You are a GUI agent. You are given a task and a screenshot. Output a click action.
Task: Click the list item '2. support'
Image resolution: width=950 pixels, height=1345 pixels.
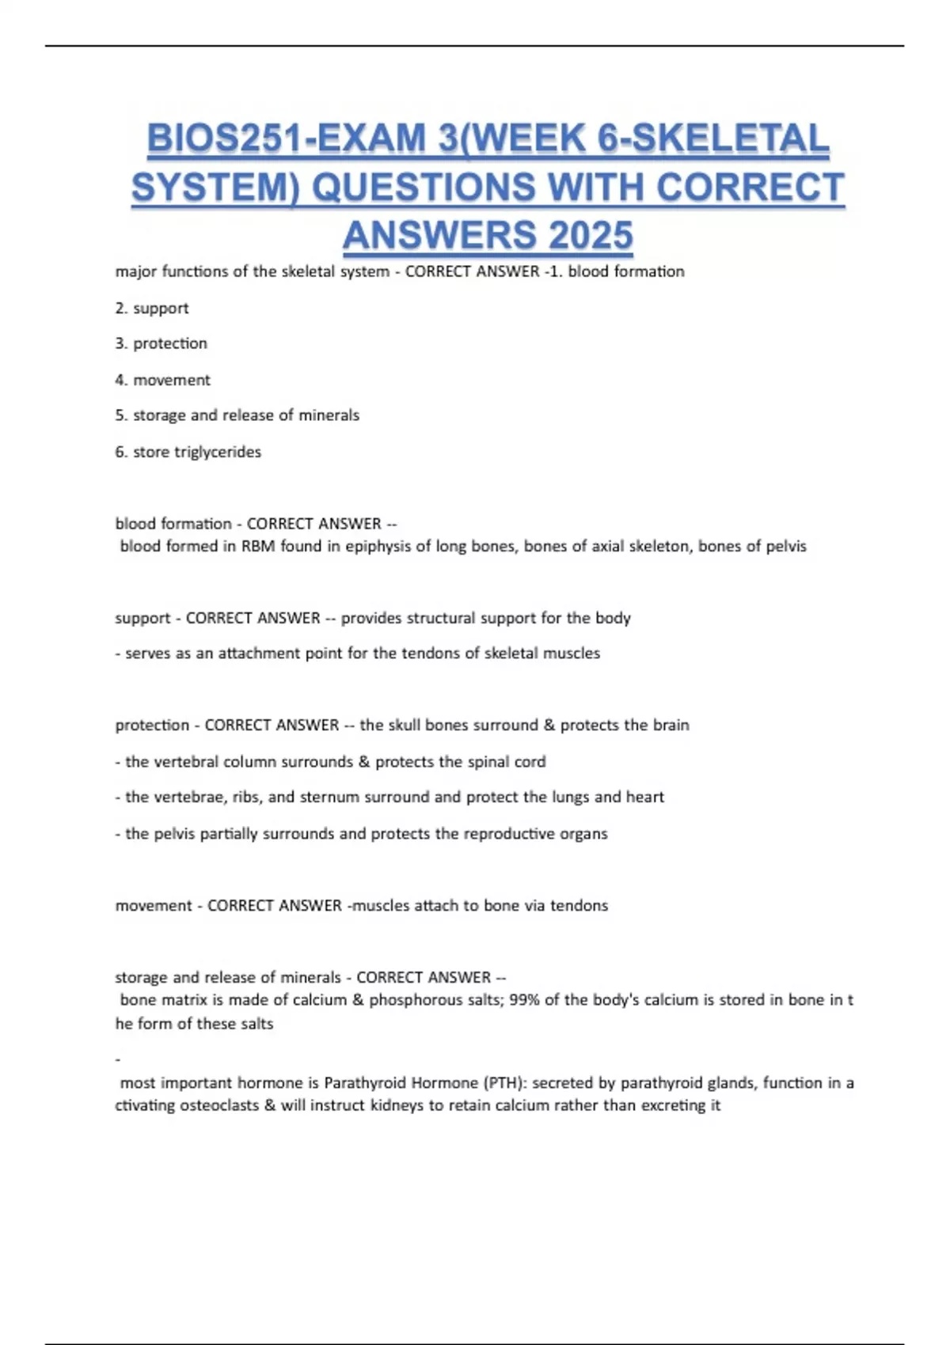152,308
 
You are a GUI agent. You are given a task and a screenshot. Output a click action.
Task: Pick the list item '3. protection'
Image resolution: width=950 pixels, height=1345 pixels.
161,343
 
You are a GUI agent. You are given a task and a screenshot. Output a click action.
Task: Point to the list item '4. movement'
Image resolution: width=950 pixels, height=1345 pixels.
162,380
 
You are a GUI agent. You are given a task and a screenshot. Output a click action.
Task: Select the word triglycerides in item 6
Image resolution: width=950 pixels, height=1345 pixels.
218,452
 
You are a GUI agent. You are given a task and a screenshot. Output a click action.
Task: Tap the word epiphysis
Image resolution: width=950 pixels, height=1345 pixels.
376,546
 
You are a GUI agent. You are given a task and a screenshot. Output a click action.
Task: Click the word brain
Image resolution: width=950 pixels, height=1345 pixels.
671,726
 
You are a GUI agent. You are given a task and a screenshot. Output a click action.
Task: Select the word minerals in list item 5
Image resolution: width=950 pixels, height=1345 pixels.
329,415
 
